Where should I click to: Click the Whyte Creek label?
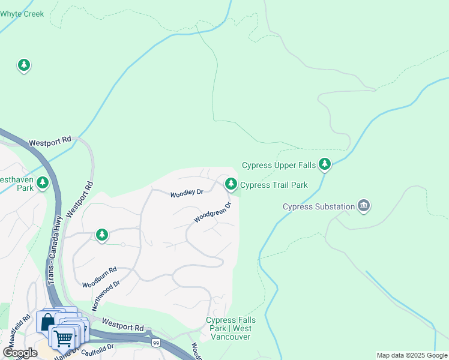22,13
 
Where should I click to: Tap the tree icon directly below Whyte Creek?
23,65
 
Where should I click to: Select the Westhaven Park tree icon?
42,182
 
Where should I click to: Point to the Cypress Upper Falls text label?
279,165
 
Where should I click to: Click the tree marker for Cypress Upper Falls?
325,163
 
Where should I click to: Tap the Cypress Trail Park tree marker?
231,184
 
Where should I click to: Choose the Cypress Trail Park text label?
274,185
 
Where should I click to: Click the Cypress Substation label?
319,207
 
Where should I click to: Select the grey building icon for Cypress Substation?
363,206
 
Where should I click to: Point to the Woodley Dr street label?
187,193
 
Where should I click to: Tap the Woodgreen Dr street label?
212,213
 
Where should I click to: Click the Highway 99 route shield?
155,343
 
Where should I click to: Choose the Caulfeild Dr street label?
97,349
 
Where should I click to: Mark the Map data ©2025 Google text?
412,355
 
